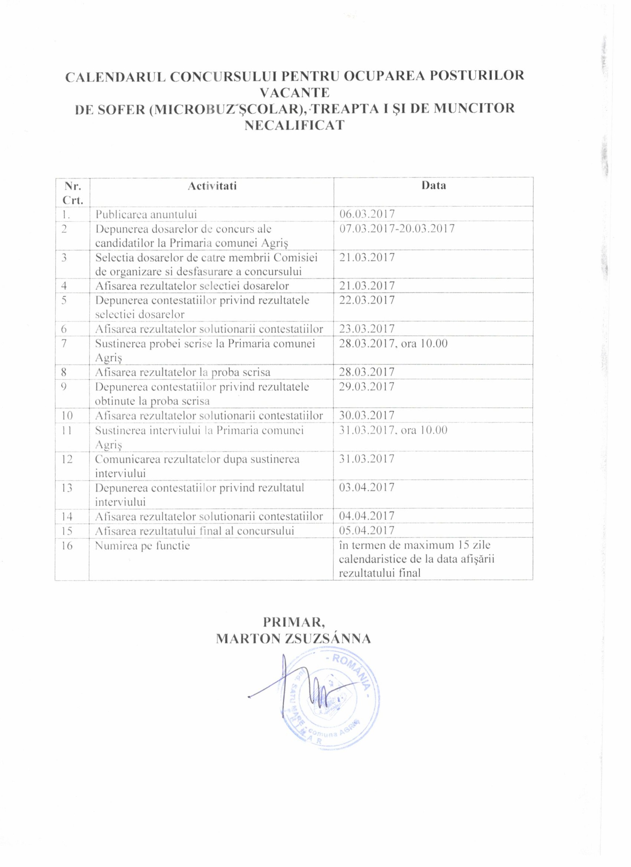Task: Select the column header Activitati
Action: pyautogui.click(x=212, y=186)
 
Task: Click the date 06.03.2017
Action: pyautogui.click(x=367, y=214)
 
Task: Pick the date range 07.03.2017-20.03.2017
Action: pyautogui.click(x=397, y=228)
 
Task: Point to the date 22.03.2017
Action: pyautogui.click(x=367, y=300)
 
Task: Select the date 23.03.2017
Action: pyautogui.click(x=367, y=329)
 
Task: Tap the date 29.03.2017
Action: pyautogui.click(x=367, y=386)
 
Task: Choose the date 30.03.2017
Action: pyautogui.click(x=367, y=415)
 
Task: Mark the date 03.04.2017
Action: pyautogui.click(x=367, y=487)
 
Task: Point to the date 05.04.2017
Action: pyautogui.click(x=367, y=531)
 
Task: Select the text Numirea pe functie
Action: pyautogui.click(x=143, y=545)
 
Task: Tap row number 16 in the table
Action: pyautogui.click(x=67, y=545)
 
